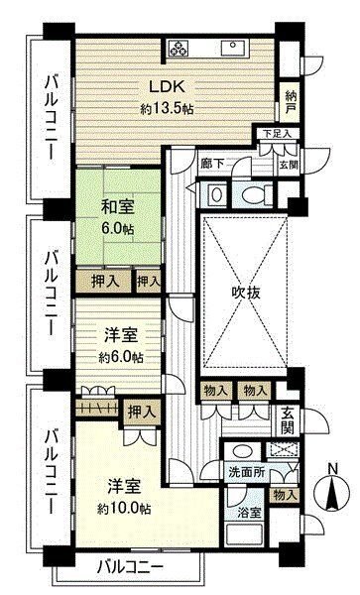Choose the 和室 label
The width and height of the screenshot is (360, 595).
[x=119, y=209]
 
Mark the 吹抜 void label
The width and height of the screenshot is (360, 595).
[x=247, y=294]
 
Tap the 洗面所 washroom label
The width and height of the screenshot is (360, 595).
[x=245, y=473]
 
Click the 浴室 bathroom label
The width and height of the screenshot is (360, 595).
[x=250, y=513]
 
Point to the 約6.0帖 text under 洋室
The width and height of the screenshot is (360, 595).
[x=119, y=357]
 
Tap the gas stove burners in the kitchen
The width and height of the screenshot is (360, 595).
[x=180, y=47]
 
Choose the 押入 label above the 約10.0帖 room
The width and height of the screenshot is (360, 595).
[x=141, y=412]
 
